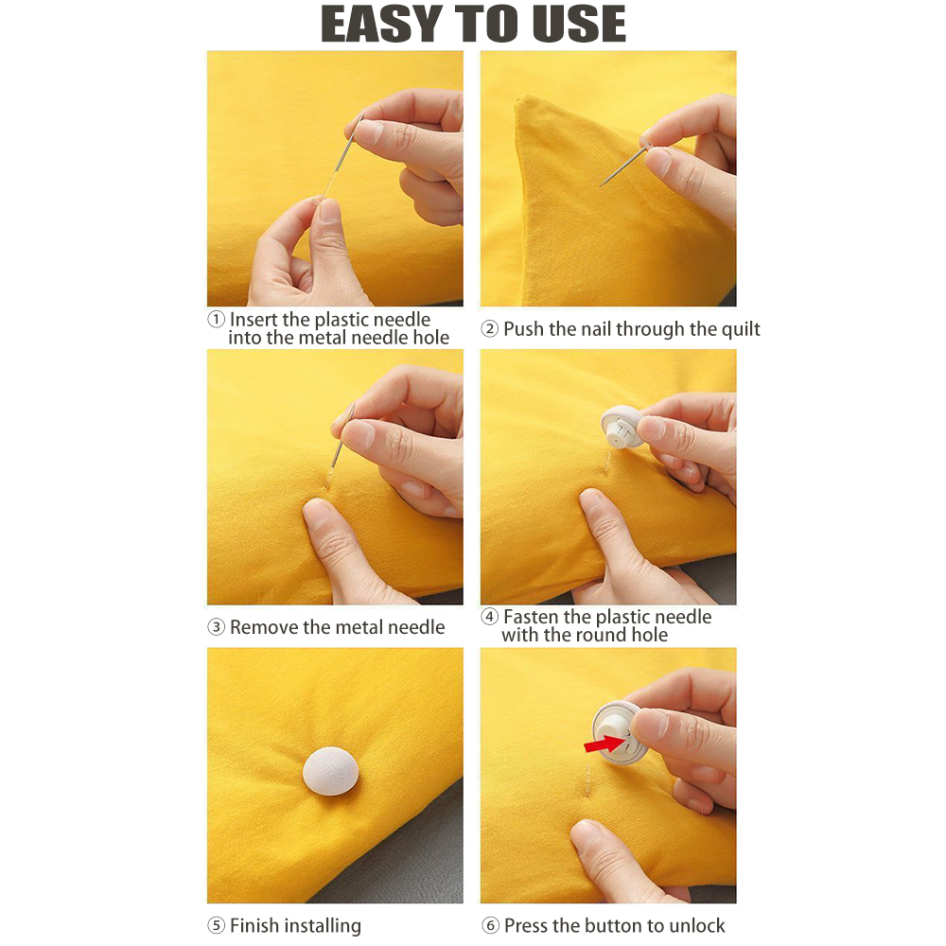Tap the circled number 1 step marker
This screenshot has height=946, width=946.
click(x=217, y=320)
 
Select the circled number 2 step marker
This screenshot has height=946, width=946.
click(x=489, y=329)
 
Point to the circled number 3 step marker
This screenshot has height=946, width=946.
click(x=217, y=627)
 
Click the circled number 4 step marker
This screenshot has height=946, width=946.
click(x=489, y=617)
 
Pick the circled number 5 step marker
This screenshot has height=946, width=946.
click(x=217, y=925)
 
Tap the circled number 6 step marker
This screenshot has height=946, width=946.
click(x=489, y=925)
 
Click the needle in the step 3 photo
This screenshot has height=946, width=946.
click(x=342, y=435)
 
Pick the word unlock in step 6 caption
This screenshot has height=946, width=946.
click(x=695, y=925)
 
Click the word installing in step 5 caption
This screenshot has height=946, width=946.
click(x=318, y=925)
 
